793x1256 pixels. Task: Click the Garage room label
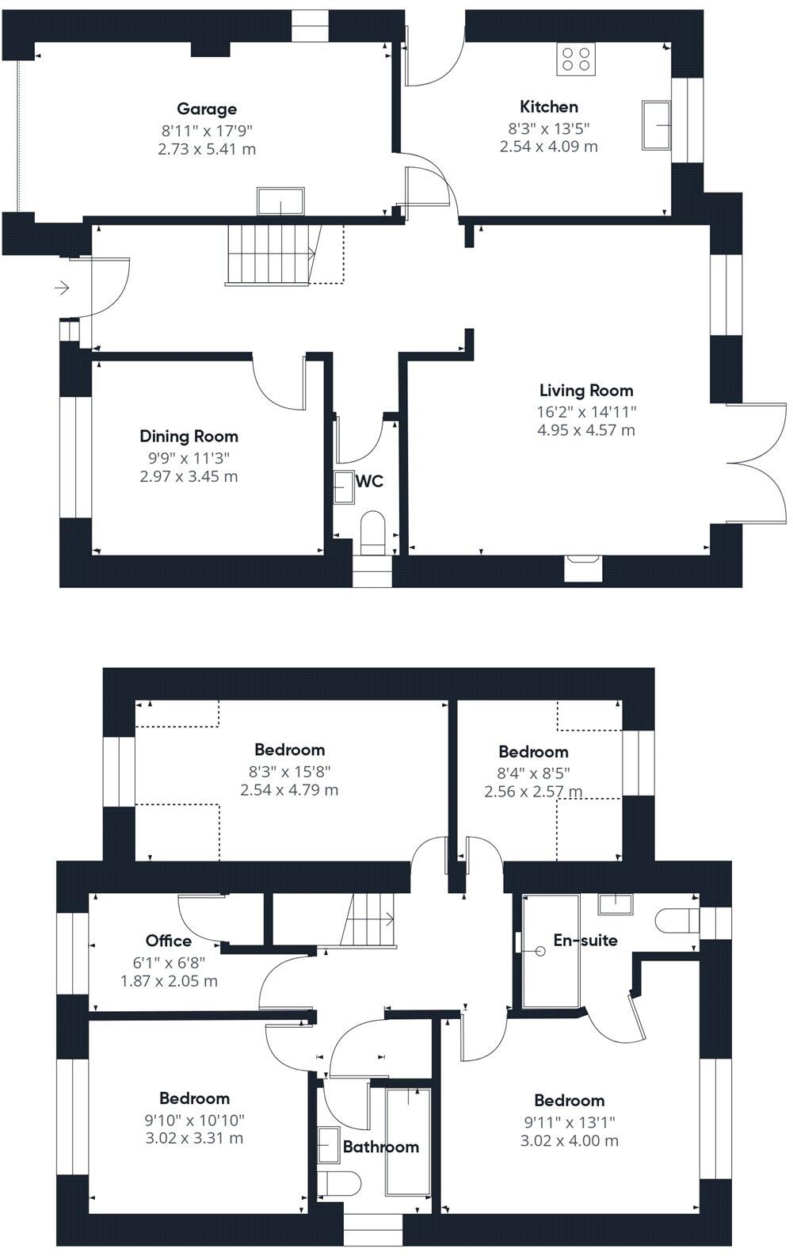(x=206, y=109)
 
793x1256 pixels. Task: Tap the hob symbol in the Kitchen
(x=576, y=58)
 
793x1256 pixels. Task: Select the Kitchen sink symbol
(x=656, y=124)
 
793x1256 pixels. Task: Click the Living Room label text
(x=586, y=390)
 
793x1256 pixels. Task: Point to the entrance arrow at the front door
(x=62, y=288)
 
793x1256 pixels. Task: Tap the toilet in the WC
(x=372, y=532)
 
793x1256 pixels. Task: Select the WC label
(x=369, y=481)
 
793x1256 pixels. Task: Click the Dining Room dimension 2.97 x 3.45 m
(x=188, y=476)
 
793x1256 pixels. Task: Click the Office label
(x=169, y=941)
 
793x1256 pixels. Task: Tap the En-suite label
(x=585, y=941)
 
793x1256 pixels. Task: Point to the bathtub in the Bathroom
(x=408, y=1141)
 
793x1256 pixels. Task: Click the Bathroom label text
(x=380, y=1147)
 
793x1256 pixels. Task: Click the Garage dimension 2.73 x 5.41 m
(x=206, y=149)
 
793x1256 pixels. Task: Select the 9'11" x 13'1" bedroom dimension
(x=569, y=1121)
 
